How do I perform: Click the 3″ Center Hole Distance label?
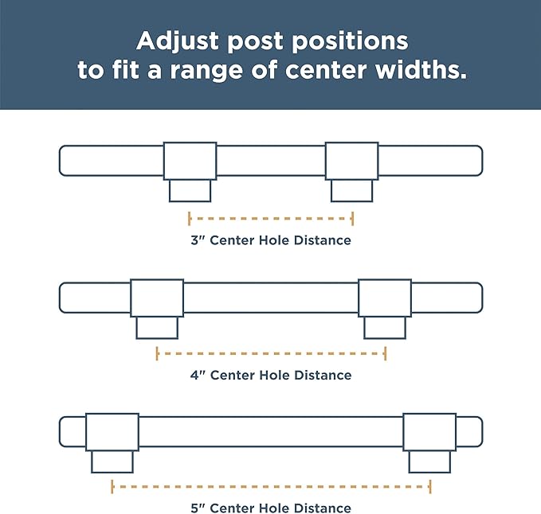coord(271,240)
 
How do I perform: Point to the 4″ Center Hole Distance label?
coord(271,375)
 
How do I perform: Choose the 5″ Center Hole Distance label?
coord(271,508)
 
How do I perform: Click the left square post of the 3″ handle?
coord(190,161)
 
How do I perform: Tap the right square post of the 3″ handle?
coord(352,161)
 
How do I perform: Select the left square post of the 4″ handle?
coord(157,298)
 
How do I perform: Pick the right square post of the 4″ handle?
coord(385,298)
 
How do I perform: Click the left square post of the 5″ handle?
coord(112,432)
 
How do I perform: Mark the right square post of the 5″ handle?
coord(430,432)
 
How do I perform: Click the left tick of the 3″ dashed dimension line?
coord(189,219)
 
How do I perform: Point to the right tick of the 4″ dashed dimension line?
coord(386,353)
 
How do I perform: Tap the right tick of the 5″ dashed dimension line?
coord(430,487)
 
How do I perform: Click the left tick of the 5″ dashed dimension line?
coord(112,487)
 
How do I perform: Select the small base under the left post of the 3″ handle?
coord(190,191)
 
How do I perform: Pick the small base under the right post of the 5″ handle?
coord(430,462)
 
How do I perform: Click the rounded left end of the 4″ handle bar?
coord(60,298)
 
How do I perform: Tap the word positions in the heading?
coord(351,42)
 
